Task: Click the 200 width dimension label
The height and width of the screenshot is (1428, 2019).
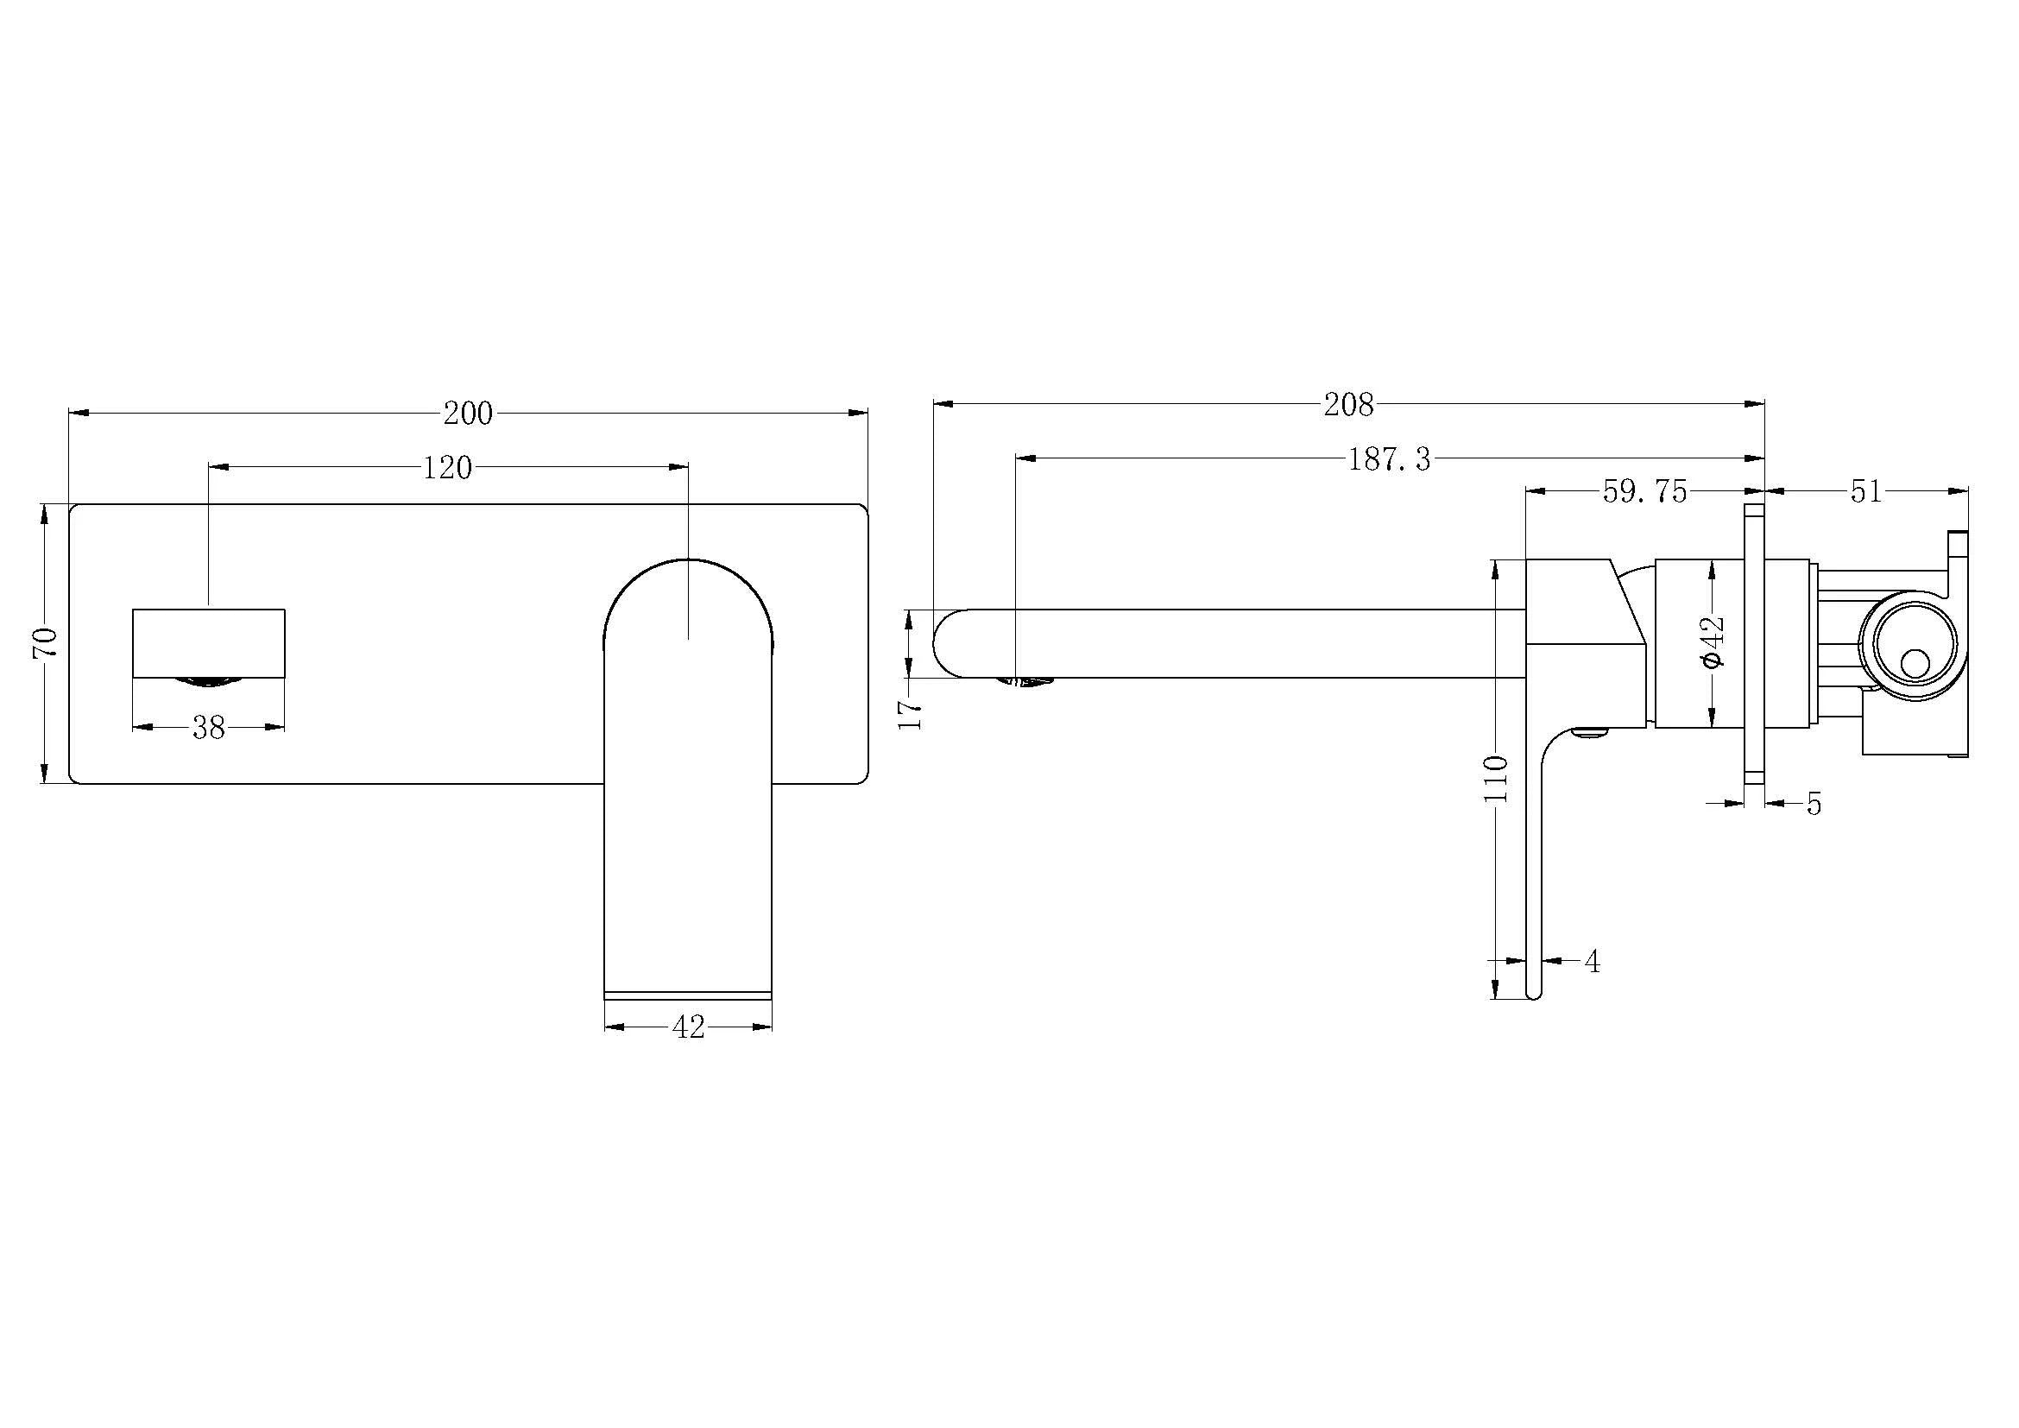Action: pyautogui.click(x=468, y=414)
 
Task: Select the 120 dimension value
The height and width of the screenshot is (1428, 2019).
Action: pyautogui.click(x=448, y=468)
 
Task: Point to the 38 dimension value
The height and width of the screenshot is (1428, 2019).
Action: pyautogui.click(x=208, y=727)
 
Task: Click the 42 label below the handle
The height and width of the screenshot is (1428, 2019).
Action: pyautogui.click(x=688, y=1027)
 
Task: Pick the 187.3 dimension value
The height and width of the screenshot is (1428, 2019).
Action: pyautogui.click(x=1390, y=459)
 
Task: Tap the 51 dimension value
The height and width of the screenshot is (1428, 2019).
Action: pyautogui.click(x=1866, y=492)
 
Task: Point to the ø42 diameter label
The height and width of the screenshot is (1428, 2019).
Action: pyautogui.click(x=1714, y=644)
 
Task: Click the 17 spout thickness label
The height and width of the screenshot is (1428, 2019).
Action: pyautogui.click(x=913, y=714)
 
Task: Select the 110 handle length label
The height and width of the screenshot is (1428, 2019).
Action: pyautogui.click(x=1496, y=778)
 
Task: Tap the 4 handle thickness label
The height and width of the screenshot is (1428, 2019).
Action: pyautogui.click(x=1592, y=962)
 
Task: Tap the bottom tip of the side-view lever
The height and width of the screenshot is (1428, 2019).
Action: pyautogui.click(x=1534, y=995)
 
